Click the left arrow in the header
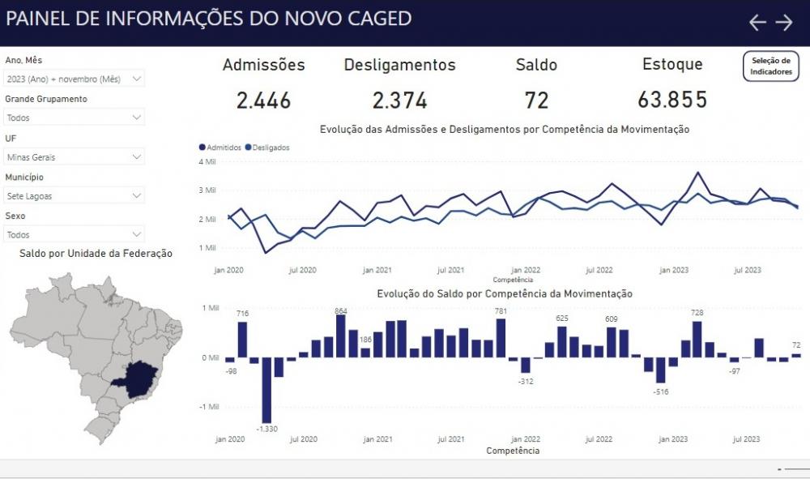pyautogui.click(x=757, y=23)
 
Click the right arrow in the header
pyautogui.click(x=784, y=23)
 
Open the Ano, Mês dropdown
pyautogui.click(x=74, y=79)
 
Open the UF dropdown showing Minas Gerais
pyautogui.click(x=74, y=156)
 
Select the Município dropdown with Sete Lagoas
pyautogui.click(x=74, y=195)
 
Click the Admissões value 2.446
pyautogui.click(x=263, y=101)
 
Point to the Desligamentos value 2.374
pyautogui.click(x=399, y=101)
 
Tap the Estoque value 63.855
pyautogui.click(x=671, y=100)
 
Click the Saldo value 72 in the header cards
pyautogui.click(x=536, y=101)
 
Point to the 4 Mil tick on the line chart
pyautogui.click(x=207, y=161)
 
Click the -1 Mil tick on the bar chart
pyautogui.click(x=209, y=407)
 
